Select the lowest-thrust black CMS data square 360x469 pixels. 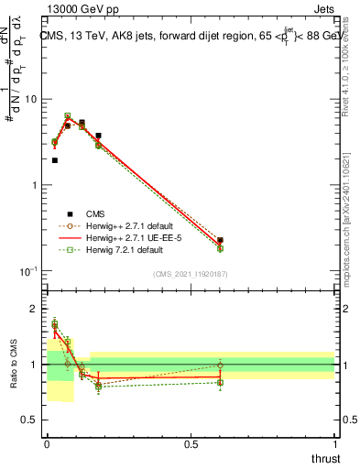[55, 160]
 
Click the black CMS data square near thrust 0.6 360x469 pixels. [220, 240]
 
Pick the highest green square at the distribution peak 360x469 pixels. [68, 116]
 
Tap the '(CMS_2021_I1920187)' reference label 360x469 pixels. [190, 274]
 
